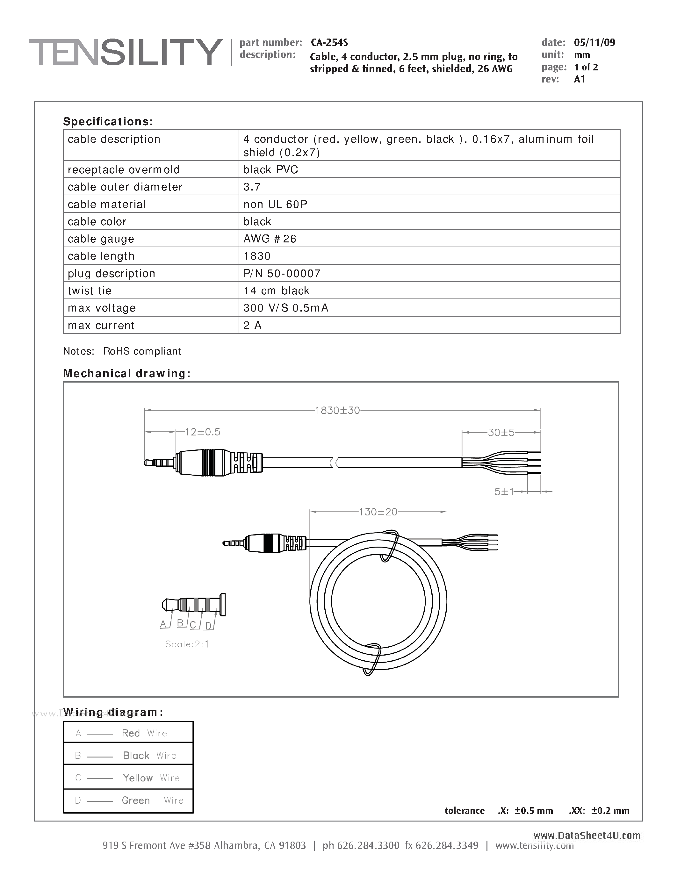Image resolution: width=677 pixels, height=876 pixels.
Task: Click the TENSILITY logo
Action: pyautogui.click(x=126, y=52)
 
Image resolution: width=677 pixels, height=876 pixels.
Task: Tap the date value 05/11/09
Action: pyautogui.click(x=594, y=42)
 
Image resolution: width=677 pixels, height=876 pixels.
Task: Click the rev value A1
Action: pyautogui.click(x=580, y=79)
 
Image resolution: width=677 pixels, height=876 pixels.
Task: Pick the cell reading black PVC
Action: pyautogui.click(x=270, y=170)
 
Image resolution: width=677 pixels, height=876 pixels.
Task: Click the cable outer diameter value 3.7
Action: pyautogui.click(x=252, y=187)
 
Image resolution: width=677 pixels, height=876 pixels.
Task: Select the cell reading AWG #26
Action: pyautogui.click(x=270, y=239)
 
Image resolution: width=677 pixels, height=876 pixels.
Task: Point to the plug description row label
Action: pyautogui.click(x=111, y=274)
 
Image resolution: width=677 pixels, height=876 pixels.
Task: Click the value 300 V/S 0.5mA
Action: pyautogui.click(x=285, y=308)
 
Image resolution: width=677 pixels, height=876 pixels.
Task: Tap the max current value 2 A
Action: pyautogui.click(x=252, y=325)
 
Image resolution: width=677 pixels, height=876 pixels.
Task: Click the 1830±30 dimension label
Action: pyautogui.click(x=337, y=410)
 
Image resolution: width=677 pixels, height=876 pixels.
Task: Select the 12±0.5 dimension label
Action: pyautogui.click(x=203, y=432)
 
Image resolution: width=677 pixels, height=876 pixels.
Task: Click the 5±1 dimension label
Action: pyautogui.click(x=504, y=492)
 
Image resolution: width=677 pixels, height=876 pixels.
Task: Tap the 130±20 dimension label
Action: pyautogui.click(x=378, y=512)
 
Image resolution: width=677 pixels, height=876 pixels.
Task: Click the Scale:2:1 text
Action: pyautogui.click(x=187, y=644)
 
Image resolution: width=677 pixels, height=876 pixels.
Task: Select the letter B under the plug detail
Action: pyautogui.click(x=180, y=623)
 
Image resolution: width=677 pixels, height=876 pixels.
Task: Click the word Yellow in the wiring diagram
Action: pyautogui.click(x=138, y=778)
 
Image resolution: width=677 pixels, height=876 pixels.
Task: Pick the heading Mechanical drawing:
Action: pyautogui.click(x=127, y=373)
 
